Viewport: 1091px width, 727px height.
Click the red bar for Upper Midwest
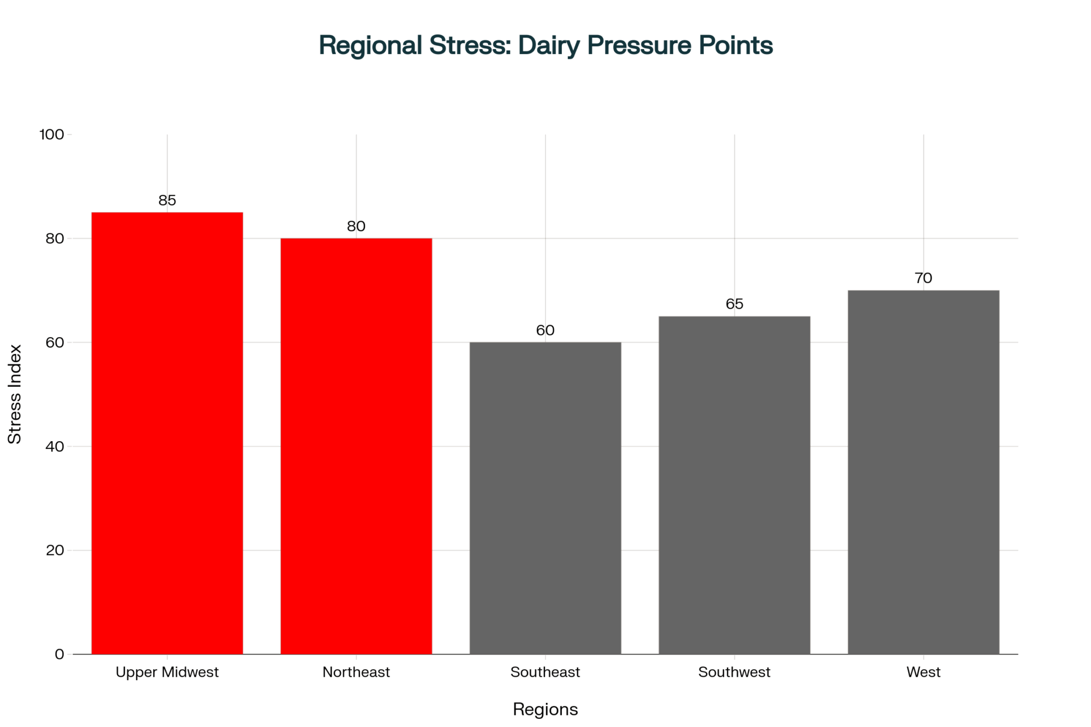click(167, 433)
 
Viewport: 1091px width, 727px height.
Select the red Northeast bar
click(356, 446)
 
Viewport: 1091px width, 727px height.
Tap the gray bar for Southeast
click(545, 498)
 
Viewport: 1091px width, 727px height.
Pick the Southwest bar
click(734, 485)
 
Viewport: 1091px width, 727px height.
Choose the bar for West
click(923, 472)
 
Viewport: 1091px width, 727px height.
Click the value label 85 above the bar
click(167, 201)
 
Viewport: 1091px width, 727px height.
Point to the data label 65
click(734, 304)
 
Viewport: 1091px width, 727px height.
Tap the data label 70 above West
click(923, 278)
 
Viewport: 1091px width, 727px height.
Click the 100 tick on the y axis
click(52, 134)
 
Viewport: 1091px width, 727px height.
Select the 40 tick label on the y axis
click(55, 446)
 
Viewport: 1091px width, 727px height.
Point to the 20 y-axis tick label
click(55, 550)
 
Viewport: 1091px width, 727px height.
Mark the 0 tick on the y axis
click(59, 654)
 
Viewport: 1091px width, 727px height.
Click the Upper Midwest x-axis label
click(167, 672)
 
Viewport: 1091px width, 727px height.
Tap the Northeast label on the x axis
click(356, 672)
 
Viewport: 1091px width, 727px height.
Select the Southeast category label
click(545, 672)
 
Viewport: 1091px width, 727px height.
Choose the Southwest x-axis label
click(734, 672)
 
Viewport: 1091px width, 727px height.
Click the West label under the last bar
click(923, 672)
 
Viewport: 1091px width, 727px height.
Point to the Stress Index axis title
click(15, 394)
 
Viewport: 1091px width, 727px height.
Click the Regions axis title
click(545, 709)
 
